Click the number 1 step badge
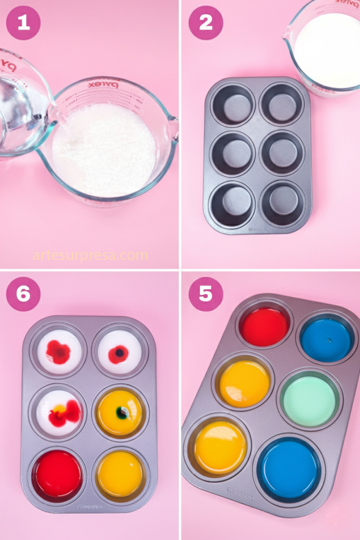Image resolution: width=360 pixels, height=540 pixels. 23,23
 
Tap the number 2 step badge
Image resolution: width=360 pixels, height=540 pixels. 206,23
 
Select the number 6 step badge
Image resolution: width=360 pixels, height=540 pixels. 23,294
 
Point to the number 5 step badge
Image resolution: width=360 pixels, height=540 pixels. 206,294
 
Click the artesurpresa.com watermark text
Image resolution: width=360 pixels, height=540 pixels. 90,256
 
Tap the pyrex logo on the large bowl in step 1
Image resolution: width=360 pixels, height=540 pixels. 103,84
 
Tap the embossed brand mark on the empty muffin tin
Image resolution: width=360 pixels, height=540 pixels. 258,229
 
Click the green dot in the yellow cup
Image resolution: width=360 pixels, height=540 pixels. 122,413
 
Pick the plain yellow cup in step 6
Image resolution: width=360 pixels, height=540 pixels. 120,473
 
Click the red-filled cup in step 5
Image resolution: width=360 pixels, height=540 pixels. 265,326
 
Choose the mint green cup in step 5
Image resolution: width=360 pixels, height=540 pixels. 309,401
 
